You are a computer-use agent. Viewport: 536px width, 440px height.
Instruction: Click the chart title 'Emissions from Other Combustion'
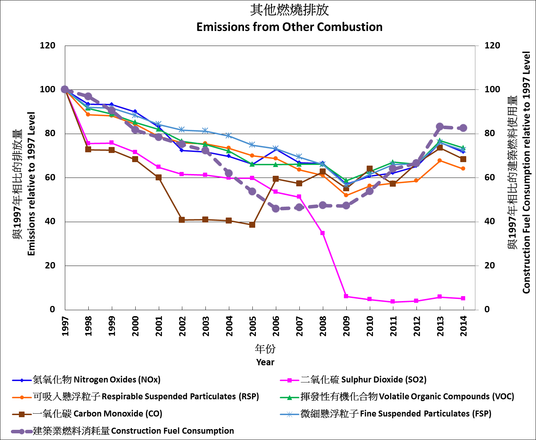[289, 27]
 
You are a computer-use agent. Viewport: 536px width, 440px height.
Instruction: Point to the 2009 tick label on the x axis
[347, 326]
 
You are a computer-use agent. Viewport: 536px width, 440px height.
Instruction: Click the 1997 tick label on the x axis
[65, 326]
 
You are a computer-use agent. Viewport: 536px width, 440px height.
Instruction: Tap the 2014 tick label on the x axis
[464, 326]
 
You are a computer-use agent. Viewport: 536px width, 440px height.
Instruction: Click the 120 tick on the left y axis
[48, 46]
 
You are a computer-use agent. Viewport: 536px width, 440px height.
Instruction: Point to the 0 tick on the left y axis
[52, 309]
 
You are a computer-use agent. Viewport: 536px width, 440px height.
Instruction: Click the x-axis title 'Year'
[265, 362]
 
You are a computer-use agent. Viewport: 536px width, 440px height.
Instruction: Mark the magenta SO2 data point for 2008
[323, 233]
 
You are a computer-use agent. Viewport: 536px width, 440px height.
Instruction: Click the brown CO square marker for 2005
[252, 225]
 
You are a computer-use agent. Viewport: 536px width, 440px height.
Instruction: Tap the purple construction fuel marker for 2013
[440, 127]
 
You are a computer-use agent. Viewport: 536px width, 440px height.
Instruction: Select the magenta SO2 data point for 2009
[346, 296]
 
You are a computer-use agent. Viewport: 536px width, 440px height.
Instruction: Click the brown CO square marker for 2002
[182, 220]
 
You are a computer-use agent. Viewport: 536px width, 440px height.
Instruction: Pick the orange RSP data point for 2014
[463, 168]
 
